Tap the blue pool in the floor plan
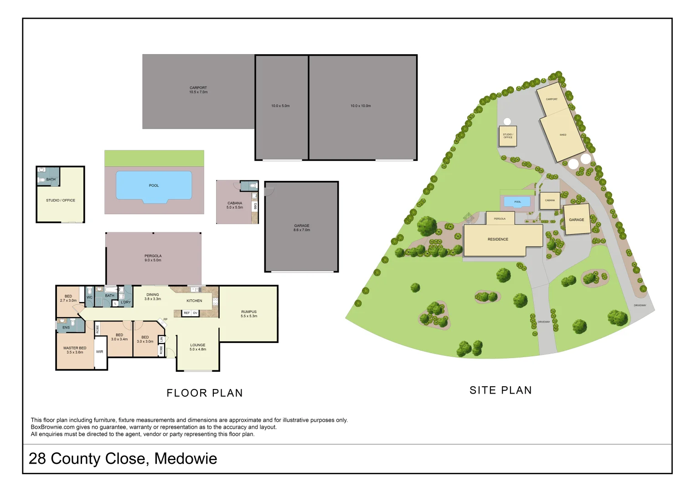pos(154,185)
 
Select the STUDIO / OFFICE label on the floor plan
pos(61,200)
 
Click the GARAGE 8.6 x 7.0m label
pos(302,228)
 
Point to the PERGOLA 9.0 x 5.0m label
pos(153,258)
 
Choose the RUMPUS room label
pos(249,314)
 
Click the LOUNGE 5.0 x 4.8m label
pos(198,347)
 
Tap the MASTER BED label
pos(75,350)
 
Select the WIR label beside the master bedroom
pos(99,352)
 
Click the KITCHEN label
pos(194,301)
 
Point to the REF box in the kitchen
pos(186,313)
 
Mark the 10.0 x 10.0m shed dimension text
pos(361,106)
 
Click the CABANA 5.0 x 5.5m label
pos(235,205)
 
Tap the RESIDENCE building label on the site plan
pos(498,239)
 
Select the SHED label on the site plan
pos(563,135)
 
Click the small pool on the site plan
pos(517,202)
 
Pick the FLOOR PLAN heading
pos(205,393)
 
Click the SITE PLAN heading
pos(500,390)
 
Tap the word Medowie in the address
pos(186,459)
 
